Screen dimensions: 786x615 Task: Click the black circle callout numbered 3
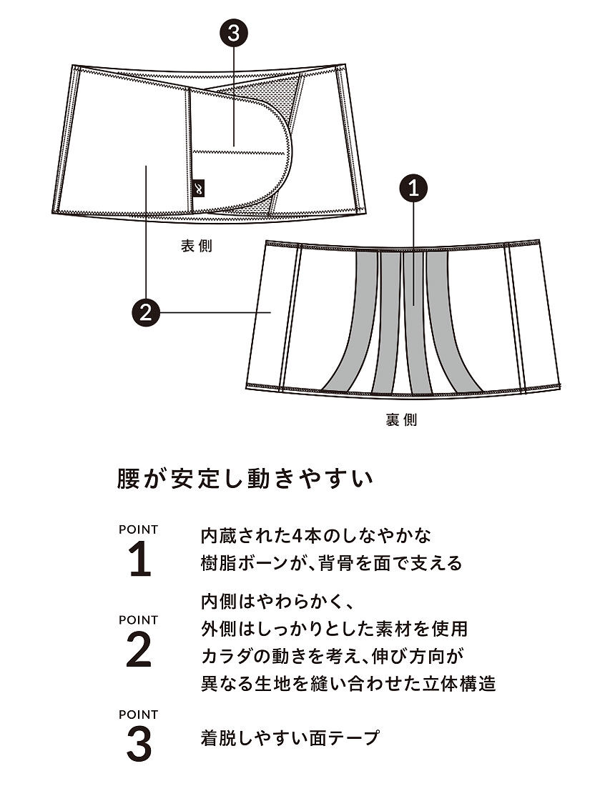pos(234,32)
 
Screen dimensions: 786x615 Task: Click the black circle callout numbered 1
pos(413,189)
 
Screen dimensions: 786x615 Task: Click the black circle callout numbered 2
pos(146,312)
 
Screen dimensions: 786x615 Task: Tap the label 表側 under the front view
pos(196,247)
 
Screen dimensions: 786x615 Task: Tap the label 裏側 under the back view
pos(401,420)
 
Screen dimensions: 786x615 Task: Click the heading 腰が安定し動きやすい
pos(245,478)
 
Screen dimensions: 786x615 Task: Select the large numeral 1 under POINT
pos(139,561)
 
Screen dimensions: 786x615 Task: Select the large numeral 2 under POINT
pos(139,651)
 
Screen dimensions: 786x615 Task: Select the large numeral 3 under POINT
pos(139,745)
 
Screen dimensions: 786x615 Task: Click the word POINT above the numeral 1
pos(139,529)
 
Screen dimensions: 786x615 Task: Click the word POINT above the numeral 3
pos(139,714)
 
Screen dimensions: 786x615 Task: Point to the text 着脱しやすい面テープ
pos(290,738)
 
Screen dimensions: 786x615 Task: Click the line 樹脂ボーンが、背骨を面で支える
pos(332,563)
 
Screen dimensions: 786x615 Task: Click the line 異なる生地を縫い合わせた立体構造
pos(348,684)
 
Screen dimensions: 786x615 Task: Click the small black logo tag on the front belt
pos(199,187)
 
